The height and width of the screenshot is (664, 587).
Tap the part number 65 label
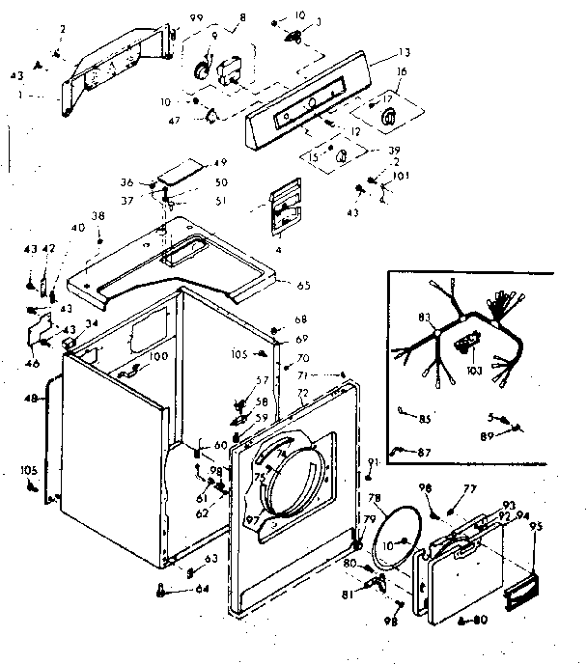(x=303, y=287)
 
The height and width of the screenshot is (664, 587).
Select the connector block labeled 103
(x=466, y=342)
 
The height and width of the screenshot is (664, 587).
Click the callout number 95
(x=537, y=527)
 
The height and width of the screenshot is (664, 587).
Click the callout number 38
(x=98, y=217)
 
